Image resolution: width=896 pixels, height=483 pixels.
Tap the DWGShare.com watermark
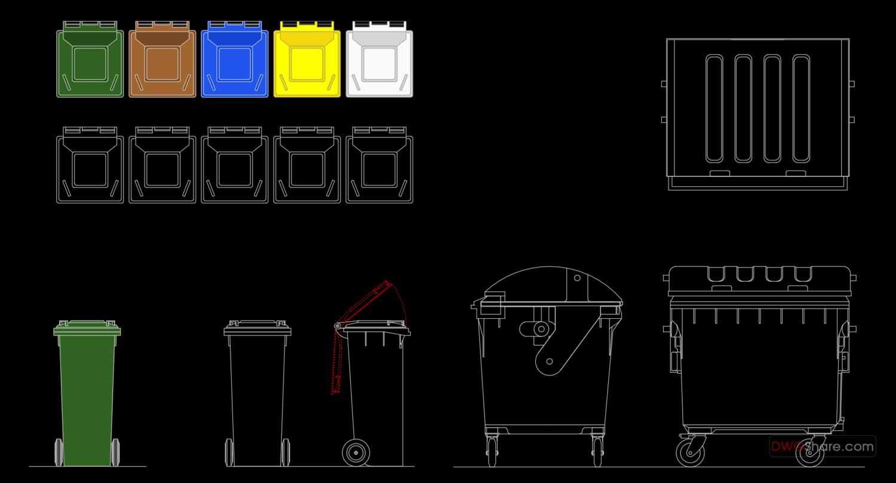click(x=822, y=446)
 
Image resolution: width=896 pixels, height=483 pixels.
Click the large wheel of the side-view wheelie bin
click(x=356, y=453)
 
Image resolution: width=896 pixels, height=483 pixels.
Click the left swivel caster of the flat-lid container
click(x=690, y=452)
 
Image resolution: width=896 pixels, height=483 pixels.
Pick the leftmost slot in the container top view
click(x=714, y=109)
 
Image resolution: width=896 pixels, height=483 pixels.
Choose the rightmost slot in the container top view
click(x=801, y=109)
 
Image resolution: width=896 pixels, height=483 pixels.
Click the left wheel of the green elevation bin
click(x=59, y=452)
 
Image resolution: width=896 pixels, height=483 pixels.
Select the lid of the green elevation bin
click(x=87, y=328)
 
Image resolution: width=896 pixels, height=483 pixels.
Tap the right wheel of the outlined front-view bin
click(x=286, y=452)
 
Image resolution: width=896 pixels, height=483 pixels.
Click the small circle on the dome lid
click(x=577, y=278)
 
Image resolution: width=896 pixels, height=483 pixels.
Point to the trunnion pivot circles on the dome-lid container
click(x=541, y=328)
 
